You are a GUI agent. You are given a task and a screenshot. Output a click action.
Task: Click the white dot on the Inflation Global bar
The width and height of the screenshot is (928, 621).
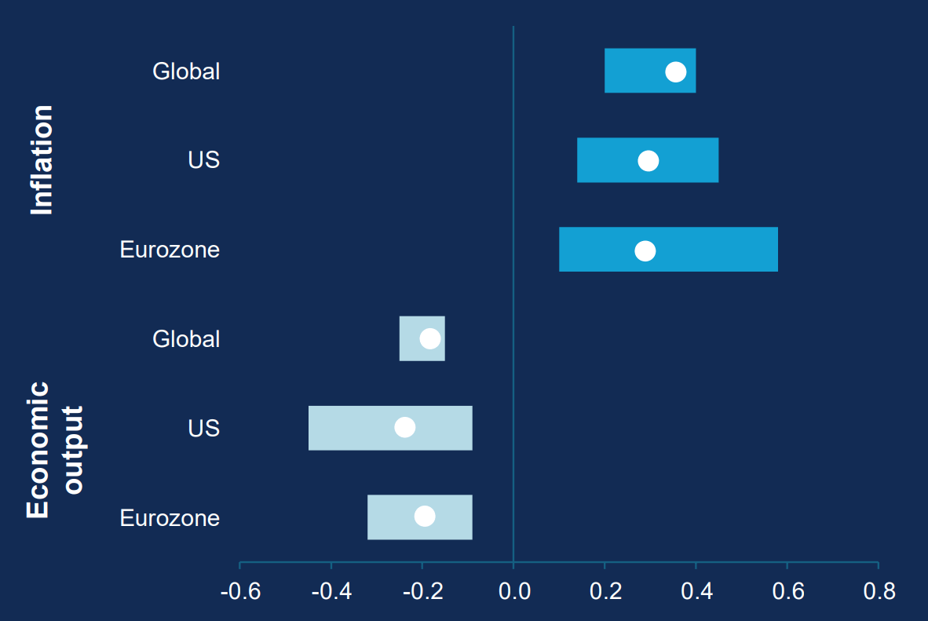click(675, 71)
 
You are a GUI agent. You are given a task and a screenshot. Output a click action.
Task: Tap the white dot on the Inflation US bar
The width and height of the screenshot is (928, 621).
click(648, 161)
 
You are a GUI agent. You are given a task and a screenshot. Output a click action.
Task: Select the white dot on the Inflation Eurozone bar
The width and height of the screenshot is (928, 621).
click(645, 250)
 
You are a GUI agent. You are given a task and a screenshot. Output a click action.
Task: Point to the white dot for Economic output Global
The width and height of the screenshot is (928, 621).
click(429, 338)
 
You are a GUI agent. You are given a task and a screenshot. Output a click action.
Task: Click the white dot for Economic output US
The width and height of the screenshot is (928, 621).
click(404, 427)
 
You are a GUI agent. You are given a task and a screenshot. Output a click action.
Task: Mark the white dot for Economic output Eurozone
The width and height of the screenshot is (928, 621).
click(425, 516)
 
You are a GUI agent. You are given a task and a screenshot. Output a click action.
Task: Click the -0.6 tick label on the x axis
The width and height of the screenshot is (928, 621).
click(240, 591)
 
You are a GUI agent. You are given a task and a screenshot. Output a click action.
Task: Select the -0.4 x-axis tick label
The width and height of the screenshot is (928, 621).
click(331, 591)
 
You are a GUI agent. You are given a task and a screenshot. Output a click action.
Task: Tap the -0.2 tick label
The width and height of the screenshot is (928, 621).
click(422, 591)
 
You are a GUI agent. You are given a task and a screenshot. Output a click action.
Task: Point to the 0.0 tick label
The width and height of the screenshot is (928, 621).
click(513, 591)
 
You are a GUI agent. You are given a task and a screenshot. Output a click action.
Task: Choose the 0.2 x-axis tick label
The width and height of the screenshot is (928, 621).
click(605, 591)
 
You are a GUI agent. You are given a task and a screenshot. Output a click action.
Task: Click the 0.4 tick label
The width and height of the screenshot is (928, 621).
click(696, 591)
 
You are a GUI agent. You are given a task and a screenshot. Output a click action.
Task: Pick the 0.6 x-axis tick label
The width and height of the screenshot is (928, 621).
click(787, 591)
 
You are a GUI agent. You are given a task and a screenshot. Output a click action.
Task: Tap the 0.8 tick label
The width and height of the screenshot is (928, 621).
click(879, 591)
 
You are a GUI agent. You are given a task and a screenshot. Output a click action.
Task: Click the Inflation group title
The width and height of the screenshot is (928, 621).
click(42, 159)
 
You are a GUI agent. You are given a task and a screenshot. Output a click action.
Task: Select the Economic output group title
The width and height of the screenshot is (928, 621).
click(55, 450)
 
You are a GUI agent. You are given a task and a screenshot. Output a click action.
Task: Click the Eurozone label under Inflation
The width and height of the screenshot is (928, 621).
click(170, 250)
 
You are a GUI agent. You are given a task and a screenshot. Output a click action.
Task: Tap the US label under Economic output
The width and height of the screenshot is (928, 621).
click(203, 429)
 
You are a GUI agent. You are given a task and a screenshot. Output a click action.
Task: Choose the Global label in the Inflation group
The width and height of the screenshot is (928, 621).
click(186, 71)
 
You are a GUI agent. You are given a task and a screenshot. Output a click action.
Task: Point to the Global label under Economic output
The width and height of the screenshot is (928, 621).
click(186, 339)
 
